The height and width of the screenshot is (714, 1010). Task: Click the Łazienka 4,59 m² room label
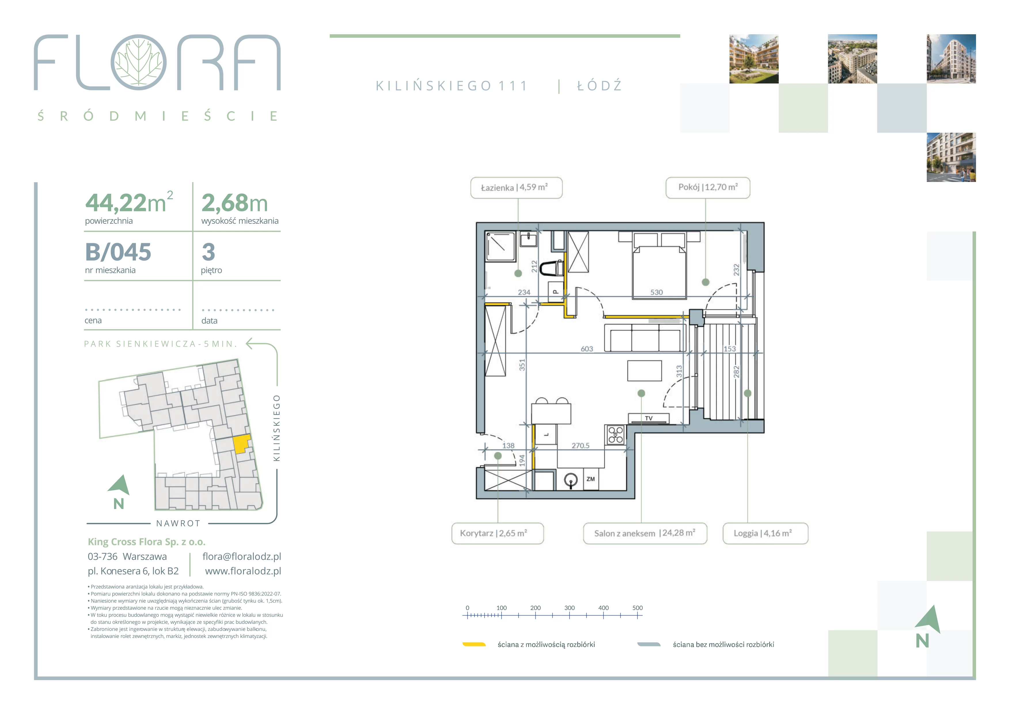point(516,188)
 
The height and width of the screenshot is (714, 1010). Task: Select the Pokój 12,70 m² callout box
point(708,188)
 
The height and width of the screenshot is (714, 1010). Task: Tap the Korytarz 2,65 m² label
point(498,533)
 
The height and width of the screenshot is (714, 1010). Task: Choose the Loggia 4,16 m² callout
point(765,533)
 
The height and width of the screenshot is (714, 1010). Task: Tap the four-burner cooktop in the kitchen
point(615,434)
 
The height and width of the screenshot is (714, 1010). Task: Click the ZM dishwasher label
point(590,479)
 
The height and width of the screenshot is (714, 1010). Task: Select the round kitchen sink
point(571,481)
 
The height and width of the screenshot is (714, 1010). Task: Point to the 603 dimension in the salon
point(587,349)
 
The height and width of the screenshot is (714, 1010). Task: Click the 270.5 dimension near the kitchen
point(580,445)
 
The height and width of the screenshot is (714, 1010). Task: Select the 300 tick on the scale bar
point(569,608)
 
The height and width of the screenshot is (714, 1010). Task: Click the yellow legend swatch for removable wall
point(474,645)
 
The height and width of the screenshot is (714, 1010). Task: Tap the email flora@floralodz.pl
point(242,557)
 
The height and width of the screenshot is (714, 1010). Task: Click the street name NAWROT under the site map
point(178,523)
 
